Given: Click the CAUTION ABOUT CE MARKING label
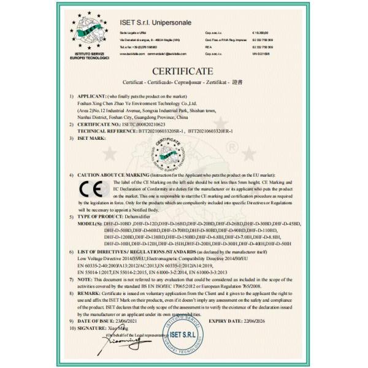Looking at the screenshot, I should tap(109, 175).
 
